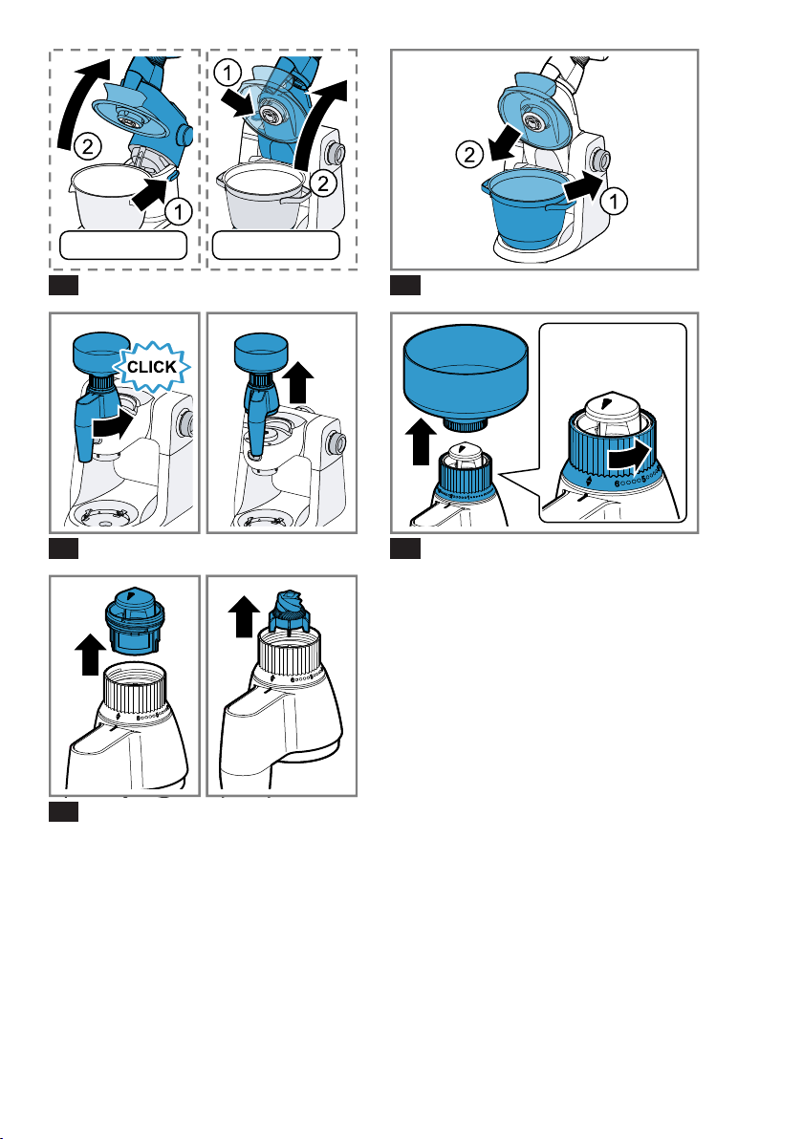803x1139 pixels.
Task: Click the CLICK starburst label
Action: [152, 367]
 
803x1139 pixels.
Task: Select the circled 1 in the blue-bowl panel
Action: [614, 201]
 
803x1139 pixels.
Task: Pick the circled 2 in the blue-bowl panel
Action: [469, 155]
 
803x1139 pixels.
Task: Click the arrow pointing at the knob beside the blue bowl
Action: [582, 187]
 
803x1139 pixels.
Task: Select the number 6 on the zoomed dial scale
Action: [618, 484]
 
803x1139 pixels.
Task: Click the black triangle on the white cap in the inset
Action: [607, 402]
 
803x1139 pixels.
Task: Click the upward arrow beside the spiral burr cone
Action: [244, 616]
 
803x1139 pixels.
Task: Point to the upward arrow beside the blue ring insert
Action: [90, 654]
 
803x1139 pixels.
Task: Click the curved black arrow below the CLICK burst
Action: [114, 425]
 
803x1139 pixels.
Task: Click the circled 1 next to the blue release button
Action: [178, 212]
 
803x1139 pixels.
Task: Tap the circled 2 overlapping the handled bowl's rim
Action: [323, 183]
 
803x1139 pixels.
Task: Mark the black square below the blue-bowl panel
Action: [405, 285]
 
